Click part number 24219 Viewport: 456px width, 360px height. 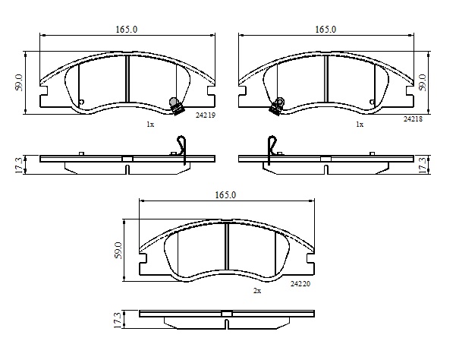pyautogui.click(x=206, y=115)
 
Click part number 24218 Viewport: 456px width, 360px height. pyautogui.click(x=413, y=118)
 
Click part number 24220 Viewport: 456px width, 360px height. pyautogui.click(x=300, y=284)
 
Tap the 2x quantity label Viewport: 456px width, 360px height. pyautogui.click(x=257, y=291)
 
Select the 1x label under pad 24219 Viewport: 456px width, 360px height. pyautogui.click(x=150, y=125)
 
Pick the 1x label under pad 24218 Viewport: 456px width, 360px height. pyautogui.click(x=360, y=125)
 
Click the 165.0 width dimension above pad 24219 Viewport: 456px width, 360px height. pyautogui.click(x=127, y=30)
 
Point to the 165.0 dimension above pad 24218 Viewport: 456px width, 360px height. pyautogui.click(x=325, y=30)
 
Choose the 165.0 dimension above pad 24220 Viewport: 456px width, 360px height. pyautogui.click(x=225, y=195)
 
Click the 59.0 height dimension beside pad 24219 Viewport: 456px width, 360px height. pyautogui.click(x=19, y=83)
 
